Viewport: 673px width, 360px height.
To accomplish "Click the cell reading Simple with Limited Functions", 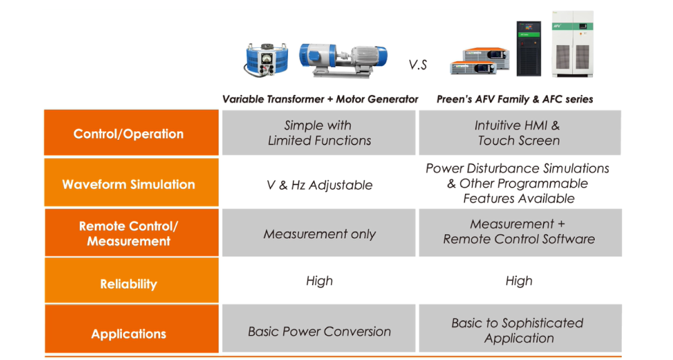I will [x=320, y=133].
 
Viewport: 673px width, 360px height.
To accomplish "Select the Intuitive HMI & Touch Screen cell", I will [x=519, y=133].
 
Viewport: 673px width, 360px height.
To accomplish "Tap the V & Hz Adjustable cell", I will [x=320, y=184].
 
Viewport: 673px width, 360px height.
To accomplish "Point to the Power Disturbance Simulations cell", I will [x=519, y=183].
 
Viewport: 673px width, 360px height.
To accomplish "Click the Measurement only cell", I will [x=320, y=234].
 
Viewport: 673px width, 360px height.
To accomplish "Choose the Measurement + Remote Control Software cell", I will [x=519, y=231].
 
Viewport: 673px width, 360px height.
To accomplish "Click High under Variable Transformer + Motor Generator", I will [x=320, y=281].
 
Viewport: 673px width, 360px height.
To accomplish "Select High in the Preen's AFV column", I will [x=519, y=281].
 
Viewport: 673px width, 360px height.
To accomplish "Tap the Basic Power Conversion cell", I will [x=320, y=331].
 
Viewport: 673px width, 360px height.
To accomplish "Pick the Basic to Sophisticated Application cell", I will [x=519, y=330].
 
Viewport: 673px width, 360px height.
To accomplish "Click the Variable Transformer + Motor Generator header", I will [x=320, y=99].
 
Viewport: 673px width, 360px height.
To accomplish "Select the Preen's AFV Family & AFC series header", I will [x=515, y=99].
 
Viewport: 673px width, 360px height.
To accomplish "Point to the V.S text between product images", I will [x=418, y=65].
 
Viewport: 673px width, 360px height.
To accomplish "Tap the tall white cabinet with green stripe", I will [x=573, y=44].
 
